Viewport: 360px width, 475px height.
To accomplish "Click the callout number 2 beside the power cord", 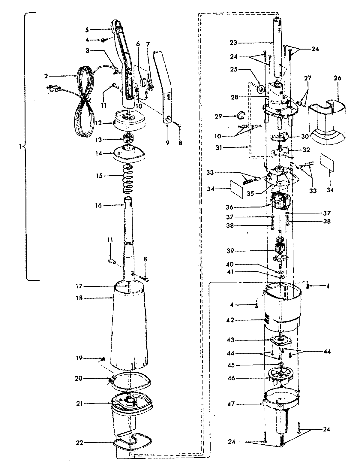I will click(46, 76).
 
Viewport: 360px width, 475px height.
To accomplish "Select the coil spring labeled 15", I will click(128, 179).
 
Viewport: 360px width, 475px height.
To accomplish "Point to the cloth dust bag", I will click(130, 327).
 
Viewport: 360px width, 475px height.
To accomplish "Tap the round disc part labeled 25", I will click(261, 89).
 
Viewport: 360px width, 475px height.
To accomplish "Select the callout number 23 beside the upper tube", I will click(233, 43).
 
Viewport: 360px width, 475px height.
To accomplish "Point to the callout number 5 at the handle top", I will click(87, 30).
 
